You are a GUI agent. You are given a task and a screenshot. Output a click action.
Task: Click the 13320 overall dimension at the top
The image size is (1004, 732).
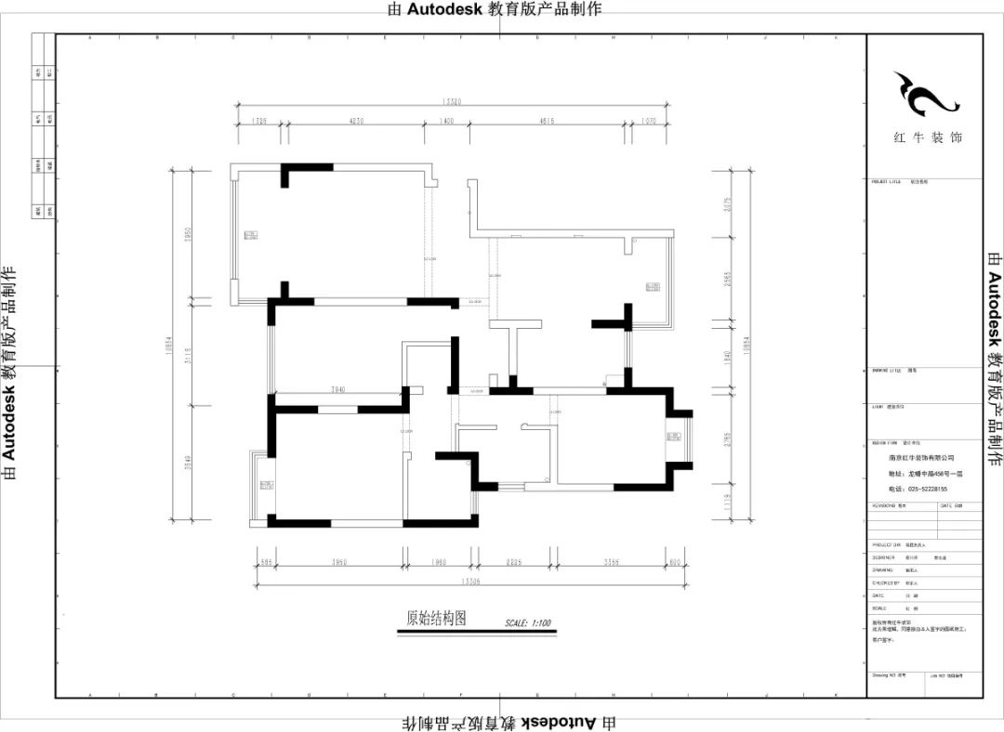coord(454,102)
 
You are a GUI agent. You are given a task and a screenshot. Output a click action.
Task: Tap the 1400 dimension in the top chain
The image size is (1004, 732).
coord(446,121)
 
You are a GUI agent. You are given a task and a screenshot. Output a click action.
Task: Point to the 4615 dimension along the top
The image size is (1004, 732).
coord(547,121)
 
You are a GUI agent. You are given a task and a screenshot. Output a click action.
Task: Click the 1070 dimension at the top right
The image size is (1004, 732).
coord(649,121)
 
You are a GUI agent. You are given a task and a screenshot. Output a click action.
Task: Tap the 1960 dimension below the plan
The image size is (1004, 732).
coord(439,562)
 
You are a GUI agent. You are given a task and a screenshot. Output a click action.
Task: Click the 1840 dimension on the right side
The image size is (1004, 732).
coord(728,356)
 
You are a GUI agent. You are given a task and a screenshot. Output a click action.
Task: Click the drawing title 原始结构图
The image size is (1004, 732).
coord(435,618)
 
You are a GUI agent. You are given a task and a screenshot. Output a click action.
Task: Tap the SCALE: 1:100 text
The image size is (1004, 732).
coord(528,622)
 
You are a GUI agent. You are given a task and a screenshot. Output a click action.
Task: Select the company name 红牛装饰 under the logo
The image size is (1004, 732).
coord(928,137)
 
